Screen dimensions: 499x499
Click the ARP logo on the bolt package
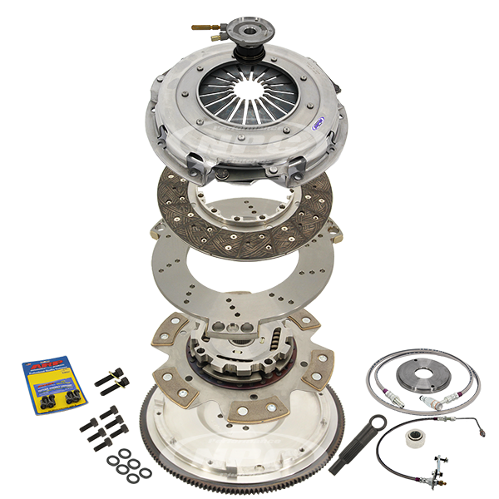(42, 366)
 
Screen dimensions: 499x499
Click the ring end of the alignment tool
(378, 421)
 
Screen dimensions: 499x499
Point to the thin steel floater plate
(183, 274)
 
